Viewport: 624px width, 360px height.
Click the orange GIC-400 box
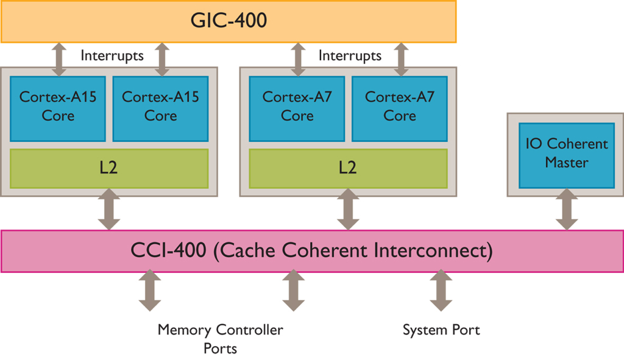coord(229,21)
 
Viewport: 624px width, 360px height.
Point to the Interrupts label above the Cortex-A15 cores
coord(112,56)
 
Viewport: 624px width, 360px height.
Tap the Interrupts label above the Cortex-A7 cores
coord(350,56)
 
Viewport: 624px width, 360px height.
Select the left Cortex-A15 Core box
coord(58,106)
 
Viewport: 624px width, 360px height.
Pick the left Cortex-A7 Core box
coord(297,106)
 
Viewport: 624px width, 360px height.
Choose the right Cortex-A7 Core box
coord(400,106)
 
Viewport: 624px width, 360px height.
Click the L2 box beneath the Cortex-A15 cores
coord(109,168)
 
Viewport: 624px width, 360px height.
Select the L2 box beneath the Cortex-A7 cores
coord(348,168)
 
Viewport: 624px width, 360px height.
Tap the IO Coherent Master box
coord(567,154)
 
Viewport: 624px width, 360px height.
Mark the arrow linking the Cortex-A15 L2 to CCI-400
coord(109,209)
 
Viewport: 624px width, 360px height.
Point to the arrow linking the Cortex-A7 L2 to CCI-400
coord(348,209)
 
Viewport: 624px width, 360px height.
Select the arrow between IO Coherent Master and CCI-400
coord(567,209)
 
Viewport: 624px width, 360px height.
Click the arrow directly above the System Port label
coord(441,291)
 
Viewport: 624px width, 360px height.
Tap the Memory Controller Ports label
coord(220,339)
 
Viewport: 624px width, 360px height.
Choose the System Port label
coord(441,330)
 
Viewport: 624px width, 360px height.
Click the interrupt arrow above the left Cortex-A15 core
coord(59,59)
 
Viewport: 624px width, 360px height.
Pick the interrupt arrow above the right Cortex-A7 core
coord(401,59)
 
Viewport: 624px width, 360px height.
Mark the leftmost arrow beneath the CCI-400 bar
coord(149,291)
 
